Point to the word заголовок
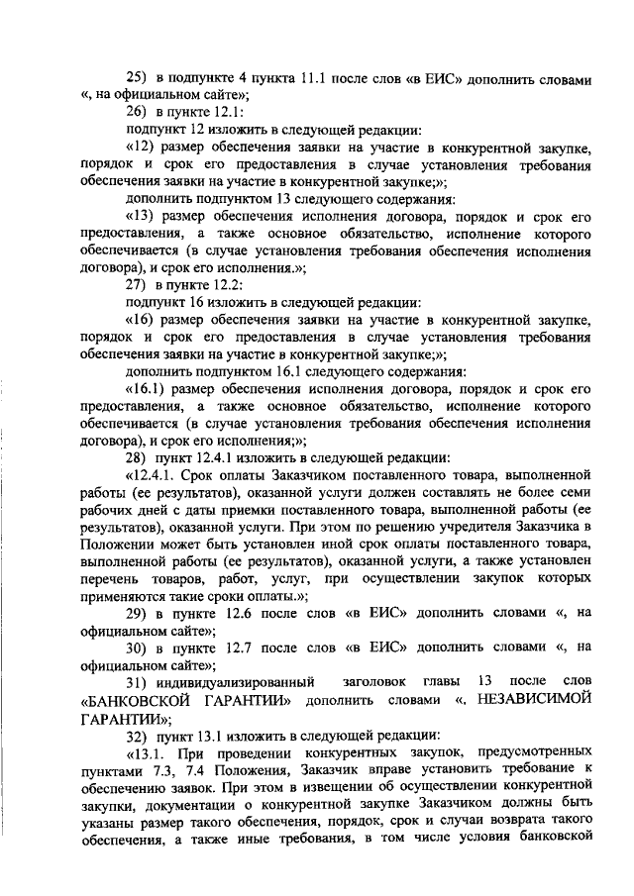pyautogui.click(x=376, y=682)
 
